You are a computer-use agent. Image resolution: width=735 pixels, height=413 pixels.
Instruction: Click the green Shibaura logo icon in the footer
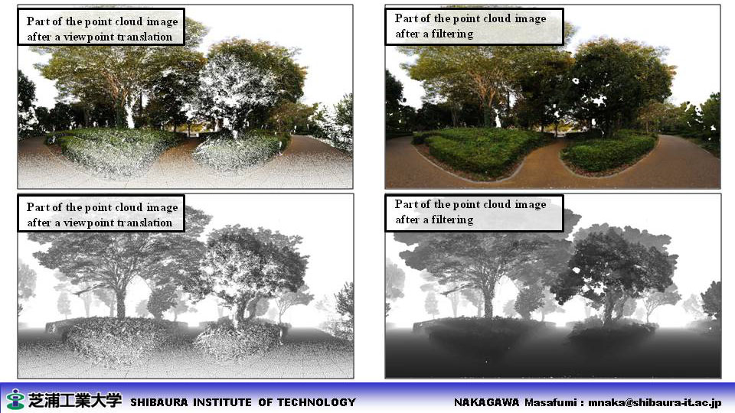pyautogui.click(x=15, y=399)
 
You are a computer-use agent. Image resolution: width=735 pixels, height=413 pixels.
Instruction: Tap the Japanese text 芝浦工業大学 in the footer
pyautogui.click(x=74, y=400)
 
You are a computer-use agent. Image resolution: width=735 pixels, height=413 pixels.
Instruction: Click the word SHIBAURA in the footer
pyautogui.click(x=159, y=402)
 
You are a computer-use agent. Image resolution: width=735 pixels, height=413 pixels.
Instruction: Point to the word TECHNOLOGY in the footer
pyautogui.click(x=316, y=402)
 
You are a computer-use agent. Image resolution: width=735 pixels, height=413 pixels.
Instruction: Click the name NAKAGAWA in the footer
pyautogui.click(x=486, y=402)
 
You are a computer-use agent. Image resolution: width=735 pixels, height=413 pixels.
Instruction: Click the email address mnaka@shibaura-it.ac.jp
pyautogui.click(x=655, y=402)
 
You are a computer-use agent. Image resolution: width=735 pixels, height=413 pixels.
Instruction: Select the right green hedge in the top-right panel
pyautogui.click(x=610, y=150)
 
